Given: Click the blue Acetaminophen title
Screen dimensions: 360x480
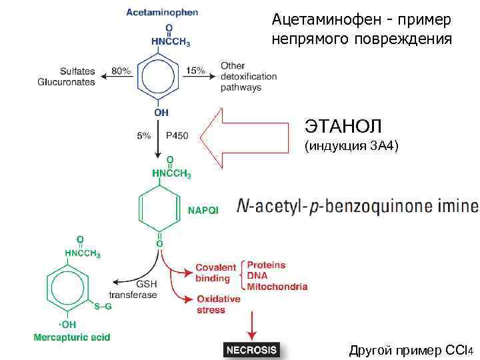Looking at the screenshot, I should click(162, 12).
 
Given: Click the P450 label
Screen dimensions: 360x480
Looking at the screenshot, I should click(177, 135).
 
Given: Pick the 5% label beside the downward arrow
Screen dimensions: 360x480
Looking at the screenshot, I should click(143, 135).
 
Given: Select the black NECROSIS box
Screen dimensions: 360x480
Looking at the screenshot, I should click(251, 349).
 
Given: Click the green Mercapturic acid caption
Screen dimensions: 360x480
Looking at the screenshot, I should click(72, 337).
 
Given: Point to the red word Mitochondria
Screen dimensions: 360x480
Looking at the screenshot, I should click(277, 287).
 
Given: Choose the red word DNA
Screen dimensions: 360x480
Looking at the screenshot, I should click(257, 276).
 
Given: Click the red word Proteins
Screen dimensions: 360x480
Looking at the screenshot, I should click(266, 265).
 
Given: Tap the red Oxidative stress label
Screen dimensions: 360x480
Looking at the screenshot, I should click(218, 305).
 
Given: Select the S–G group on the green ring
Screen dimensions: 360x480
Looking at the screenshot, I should click(102, 306).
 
